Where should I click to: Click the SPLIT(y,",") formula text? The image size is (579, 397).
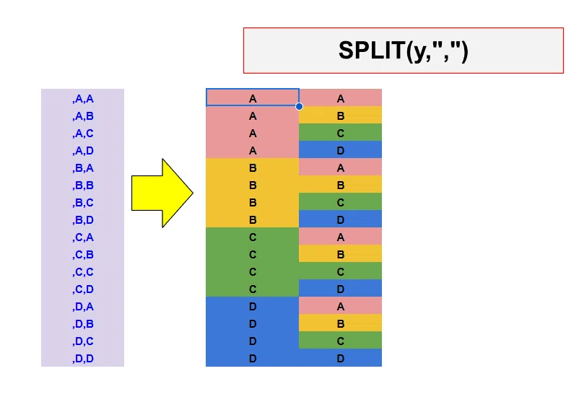pos(404,51)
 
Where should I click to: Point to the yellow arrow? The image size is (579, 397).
pos(162,193)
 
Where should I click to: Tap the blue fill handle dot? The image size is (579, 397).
pos(299,106)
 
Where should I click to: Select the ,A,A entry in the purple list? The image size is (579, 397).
pos(83,99)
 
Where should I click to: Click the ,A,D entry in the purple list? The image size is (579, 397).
pos(83,151)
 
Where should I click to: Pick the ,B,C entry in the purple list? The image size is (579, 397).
pos(83,203)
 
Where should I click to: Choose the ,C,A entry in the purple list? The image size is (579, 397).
pos(83,237)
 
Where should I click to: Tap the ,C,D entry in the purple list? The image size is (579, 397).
pos(83,289)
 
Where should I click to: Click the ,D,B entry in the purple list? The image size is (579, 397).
pos(83,324)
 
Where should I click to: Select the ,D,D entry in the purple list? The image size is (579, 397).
pos(83,359)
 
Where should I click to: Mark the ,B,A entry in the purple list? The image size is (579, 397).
pos(83,168)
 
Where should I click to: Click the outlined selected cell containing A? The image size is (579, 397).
pos(253,97)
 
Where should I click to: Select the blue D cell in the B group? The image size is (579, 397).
pos(341,219)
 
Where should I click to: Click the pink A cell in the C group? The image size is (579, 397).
pos(341,236)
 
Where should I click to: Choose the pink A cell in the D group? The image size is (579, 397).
pos(341,305)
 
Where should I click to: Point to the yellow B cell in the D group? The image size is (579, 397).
pos(341,323)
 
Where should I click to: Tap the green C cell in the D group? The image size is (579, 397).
pos(341,340)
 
